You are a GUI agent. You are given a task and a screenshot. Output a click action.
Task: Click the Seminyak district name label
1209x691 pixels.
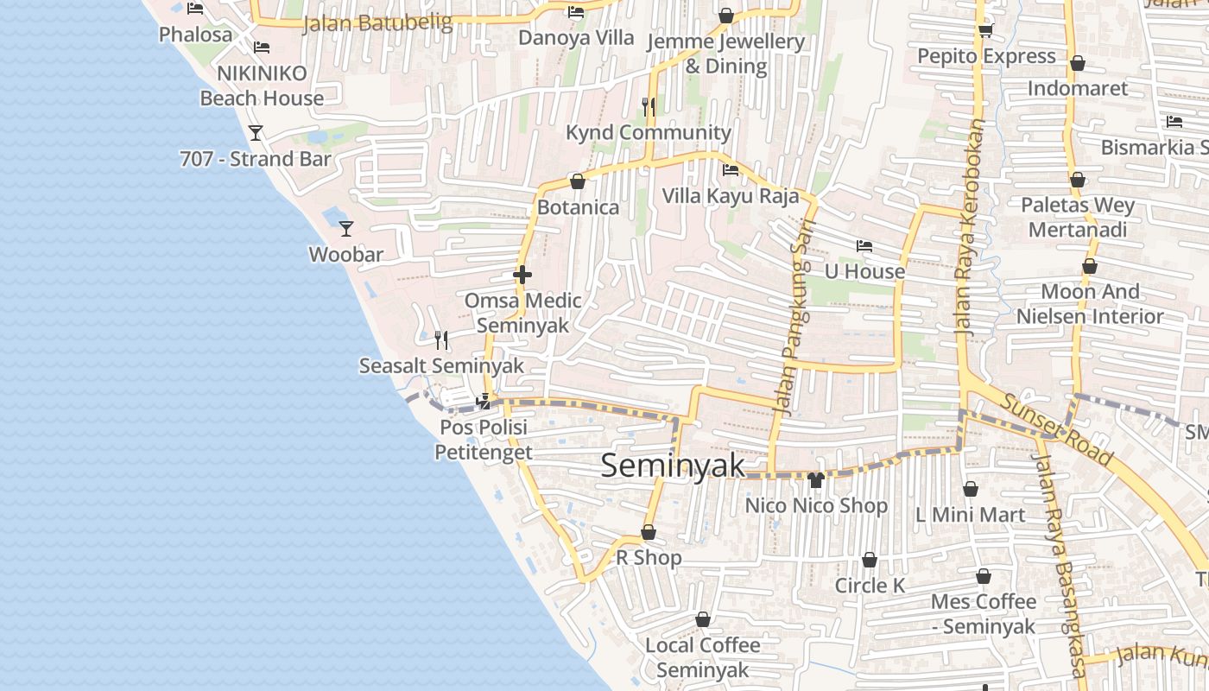673,466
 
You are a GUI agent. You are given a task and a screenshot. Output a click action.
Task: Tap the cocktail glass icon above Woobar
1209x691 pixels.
346,228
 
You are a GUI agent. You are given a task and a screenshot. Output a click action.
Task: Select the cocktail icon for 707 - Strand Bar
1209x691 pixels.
256,132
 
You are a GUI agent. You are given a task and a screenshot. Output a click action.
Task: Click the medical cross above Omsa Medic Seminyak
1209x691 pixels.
522,275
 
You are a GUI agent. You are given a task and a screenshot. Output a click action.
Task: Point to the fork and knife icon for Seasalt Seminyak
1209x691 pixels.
441,339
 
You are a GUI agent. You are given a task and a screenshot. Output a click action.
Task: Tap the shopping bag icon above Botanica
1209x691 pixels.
578,181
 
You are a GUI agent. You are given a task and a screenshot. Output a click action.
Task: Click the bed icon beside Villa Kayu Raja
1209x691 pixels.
731,169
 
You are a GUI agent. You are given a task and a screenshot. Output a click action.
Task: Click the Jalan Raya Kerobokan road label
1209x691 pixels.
971,226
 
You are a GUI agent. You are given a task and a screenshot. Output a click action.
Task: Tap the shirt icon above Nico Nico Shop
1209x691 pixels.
816,479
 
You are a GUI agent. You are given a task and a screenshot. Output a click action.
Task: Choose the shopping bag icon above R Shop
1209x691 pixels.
649,532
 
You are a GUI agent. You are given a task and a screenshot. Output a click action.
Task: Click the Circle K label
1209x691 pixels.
870,586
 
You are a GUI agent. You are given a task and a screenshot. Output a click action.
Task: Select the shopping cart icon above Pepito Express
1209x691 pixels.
985,31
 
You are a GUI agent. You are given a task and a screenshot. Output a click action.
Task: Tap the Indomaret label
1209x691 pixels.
1078,88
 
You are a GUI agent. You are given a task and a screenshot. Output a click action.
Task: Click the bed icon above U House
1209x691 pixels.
864,246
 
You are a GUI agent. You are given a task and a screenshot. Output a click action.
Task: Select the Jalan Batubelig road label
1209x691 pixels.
378,23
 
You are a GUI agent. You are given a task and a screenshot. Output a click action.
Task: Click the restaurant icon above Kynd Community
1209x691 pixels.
649,106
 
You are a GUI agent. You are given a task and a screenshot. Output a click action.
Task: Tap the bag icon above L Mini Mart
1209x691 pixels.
971,489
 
